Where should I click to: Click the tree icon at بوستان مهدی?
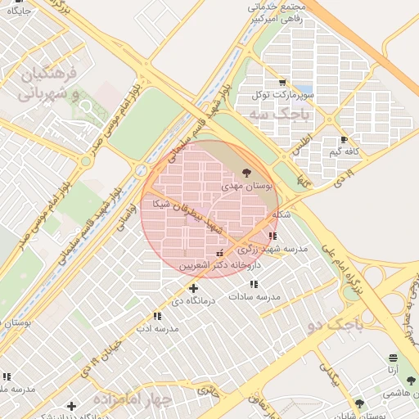click(247, 173)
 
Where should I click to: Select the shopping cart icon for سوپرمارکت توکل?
click(282, 83)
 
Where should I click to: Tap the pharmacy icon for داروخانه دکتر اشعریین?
click(219, 255)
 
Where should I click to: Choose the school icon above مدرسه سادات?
click(254, 283)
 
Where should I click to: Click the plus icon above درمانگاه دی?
click(193, 288)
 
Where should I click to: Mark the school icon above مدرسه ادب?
click(156, 316)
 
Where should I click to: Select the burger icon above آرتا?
click(393, 358)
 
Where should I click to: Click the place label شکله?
click(281, 214)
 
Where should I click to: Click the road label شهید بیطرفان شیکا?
click(190, 214)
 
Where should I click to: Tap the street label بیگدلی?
click(330, 375)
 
